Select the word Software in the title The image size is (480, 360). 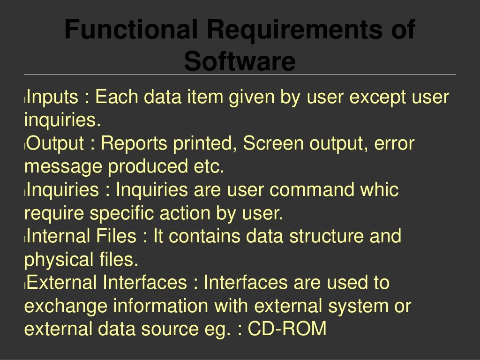tap(240, 61)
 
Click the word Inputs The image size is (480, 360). tap(52, 98)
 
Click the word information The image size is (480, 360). tap(161, 307)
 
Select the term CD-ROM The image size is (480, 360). tap(287, 329)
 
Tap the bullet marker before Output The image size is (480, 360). tap(26, 145)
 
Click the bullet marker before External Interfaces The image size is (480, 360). tap(26, 285)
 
